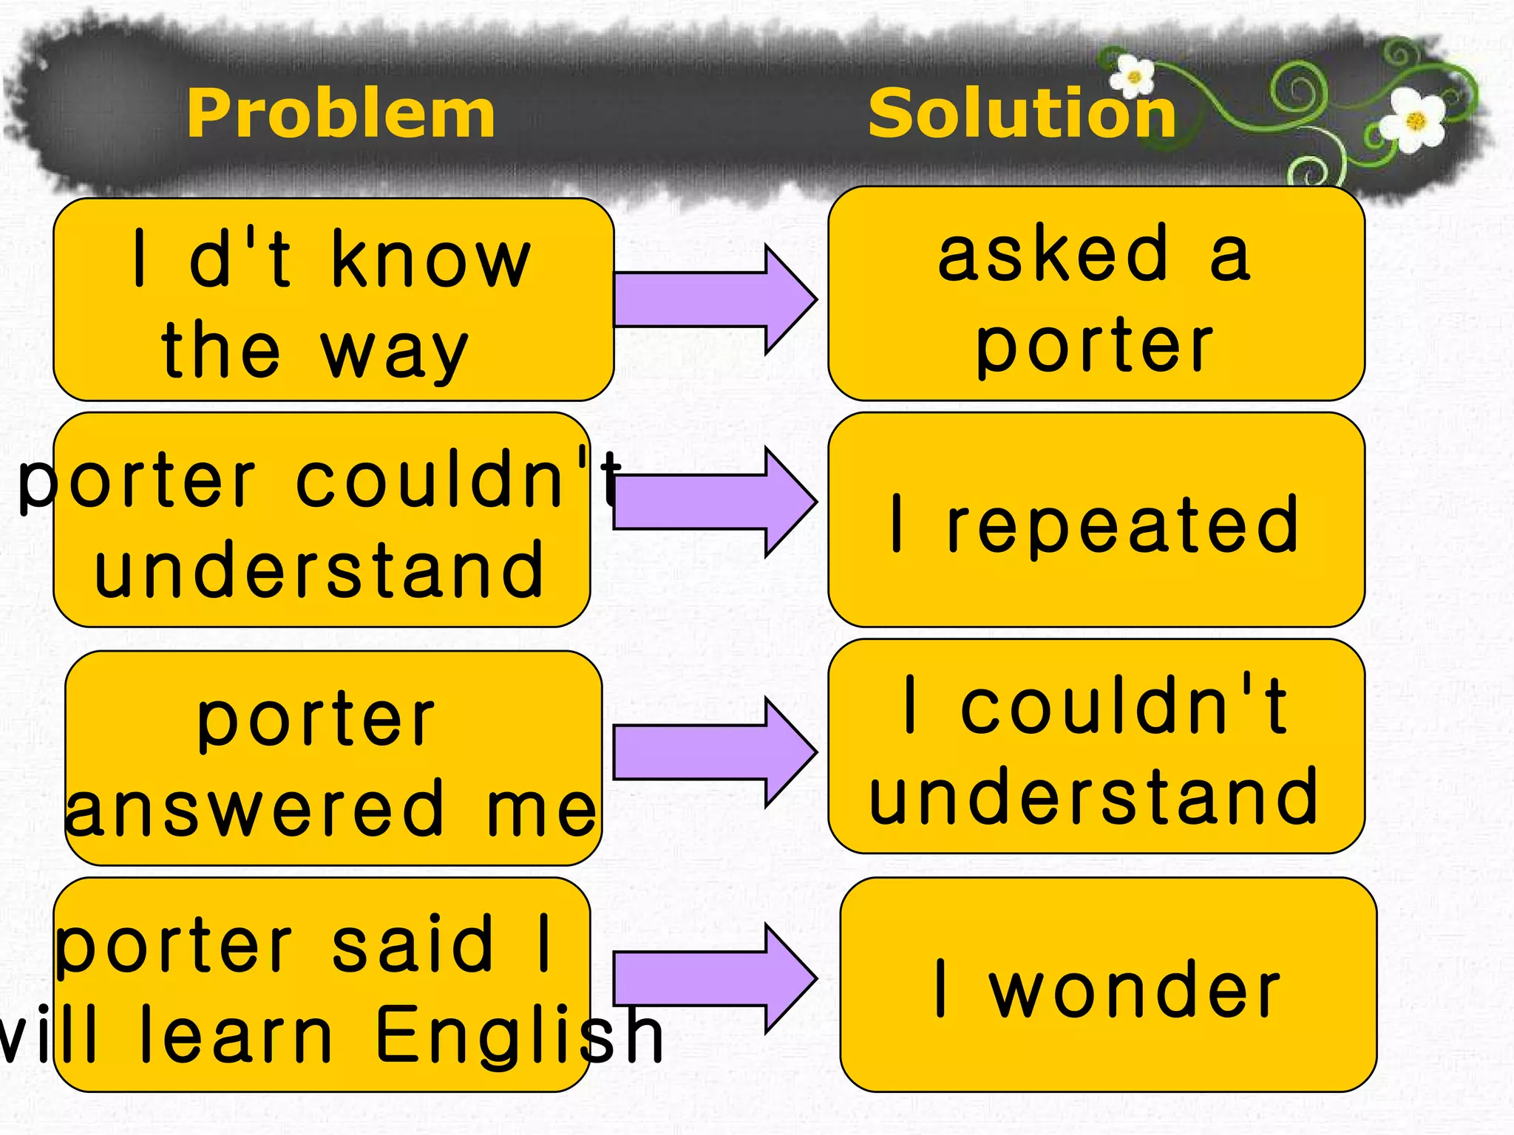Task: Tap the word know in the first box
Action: (431, 260)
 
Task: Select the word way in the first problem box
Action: (394, 353)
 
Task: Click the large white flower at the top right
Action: (1414, 120)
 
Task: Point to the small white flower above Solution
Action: (1133, 76)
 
